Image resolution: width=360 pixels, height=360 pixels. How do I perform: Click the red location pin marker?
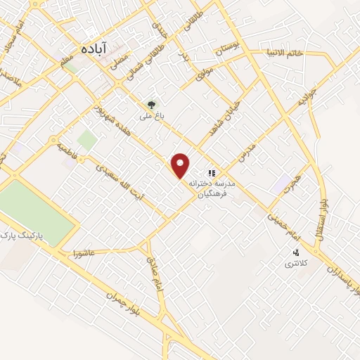tap(181, 165)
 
